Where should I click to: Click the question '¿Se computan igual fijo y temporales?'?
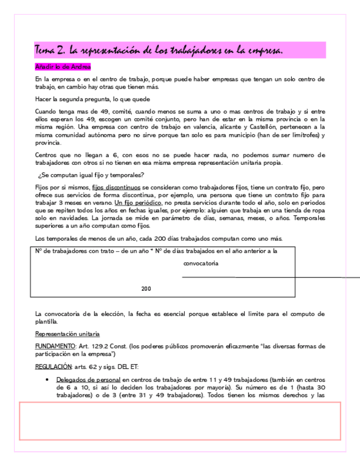pyautogui.click(x=91, y=175)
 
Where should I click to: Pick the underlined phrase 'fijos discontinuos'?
pyautogui.click(x=117, y=187)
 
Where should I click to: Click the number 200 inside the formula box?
pyautogui.click(x=146, y=289)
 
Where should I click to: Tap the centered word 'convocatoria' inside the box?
pyautogui.click(x=201, y=263)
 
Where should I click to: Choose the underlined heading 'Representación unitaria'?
pyautogui.click(x=67, y=334)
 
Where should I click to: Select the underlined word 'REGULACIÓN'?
pyautogui.click(x=53, y=366)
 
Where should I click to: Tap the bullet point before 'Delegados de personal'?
pyautogui.click(x=49, y=380)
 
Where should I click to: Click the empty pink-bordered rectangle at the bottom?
pyautogui.click(x=180, y=421)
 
